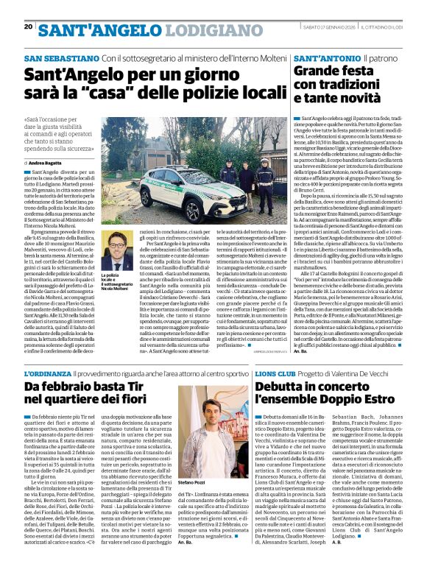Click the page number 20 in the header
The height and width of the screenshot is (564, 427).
[28, 27]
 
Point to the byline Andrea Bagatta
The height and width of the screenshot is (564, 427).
[48, 162]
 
